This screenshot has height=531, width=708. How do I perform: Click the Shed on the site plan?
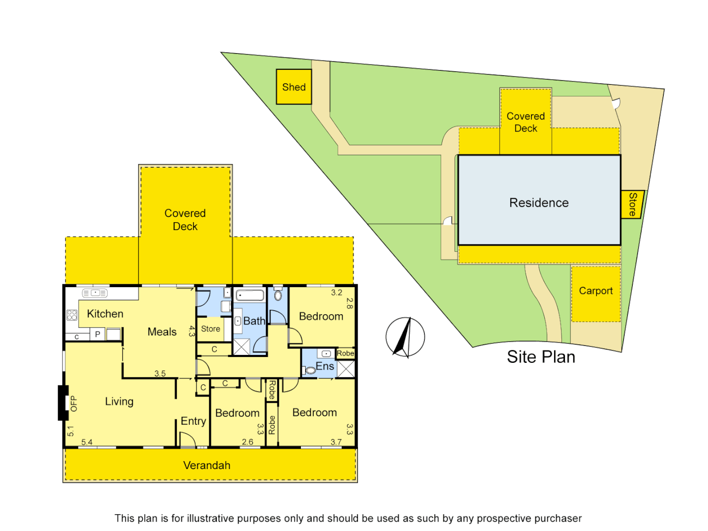pyautogui.click(x=294, y=87)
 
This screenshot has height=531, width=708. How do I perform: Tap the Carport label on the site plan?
pyautogui.click(x=595, y=291)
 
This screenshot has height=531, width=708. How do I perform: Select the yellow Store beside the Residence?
pyautogui.click(x=632, y=204)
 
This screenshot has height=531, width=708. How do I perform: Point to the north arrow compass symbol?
pyautogui.click(x=405, y=337)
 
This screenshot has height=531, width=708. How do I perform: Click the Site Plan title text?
pyautogui.click(x=541, y=357)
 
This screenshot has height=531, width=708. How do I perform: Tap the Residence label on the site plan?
pyautogui.click(x=539, y=203)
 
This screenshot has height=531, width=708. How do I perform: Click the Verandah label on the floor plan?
pyautogui.click(x=206, y=465)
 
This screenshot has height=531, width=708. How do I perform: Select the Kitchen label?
pyautogui.click(x=105, y=314)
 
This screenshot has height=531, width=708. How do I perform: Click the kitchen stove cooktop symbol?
pyautogui.click(x=72, y=315)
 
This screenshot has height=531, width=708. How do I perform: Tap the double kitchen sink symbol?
pyautogui.click(x=95, y=293)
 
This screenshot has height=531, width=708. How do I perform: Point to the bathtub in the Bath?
pyautogui.click(x=250, y=295)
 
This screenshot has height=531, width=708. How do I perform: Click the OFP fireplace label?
pyautogui.click(x=74, y=404)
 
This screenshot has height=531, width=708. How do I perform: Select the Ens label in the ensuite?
pyautogui.click(x=325, y=366)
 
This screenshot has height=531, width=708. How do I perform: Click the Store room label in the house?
pyautogui.click(x=210, y=329)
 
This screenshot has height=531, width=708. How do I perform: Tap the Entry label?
pyautogui.click(x=193, y=421)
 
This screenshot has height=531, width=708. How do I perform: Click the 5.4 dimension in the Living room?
pyautogui.click(x=87, y=442)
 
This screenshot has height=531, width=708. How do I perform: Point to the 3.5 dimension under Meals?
pyautogui.click(x=160, y=374)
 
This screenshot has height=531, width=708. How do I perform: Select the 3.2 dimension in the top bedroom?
pyautogui.click(x=336, y=293)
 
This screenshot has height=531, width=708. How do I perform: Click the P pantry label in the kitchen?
pyautogui.click(x=97, y=334)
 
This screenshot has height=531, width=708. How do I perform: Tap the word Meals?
pyautogui.click(x=162, y=332)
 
